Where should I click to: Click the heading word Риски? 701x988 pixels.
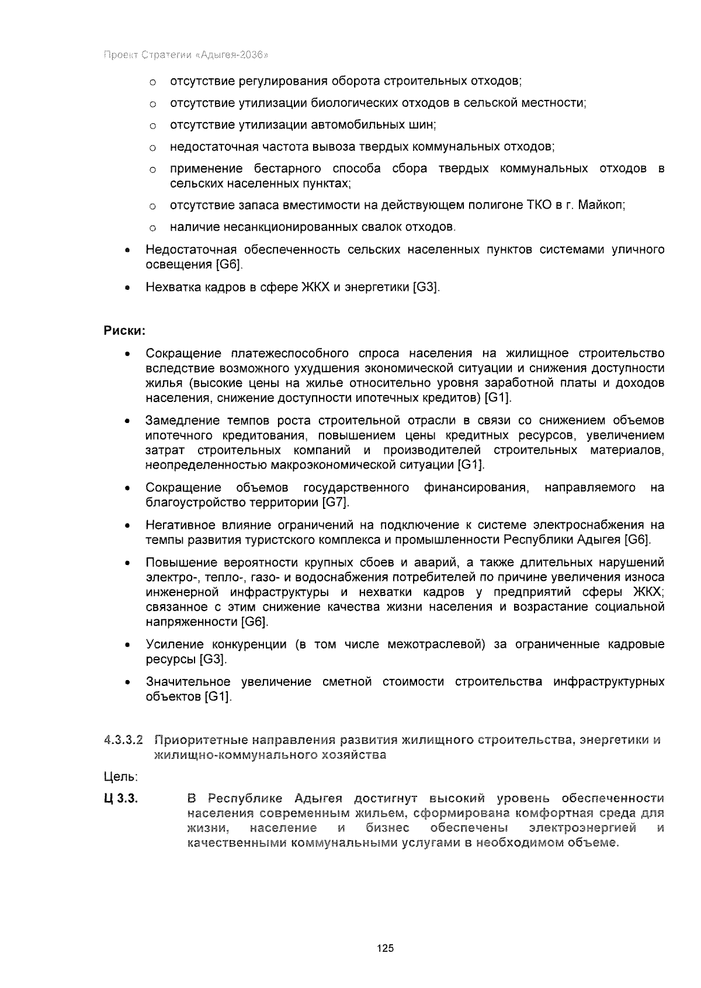(124, 331)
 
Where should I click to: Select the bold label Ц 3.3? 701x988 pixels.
(120, 799)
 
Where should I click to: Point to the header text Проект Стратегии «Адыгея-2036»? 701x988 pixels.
(185, 56)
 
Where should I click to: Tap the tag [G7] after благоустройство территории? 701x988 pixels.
(335, 502)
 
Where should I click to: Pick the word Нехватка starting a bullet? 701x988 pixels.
(169, 287)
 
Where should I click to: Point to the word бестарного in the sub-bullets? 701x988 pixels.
(287, 169)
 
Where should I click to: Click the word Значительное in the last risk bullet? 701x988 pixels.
(182, 682)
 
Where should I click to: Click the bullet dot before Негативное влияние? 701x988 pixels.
(126, 526)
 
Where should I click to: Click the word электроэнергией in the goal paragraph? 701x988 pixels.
(582, 828)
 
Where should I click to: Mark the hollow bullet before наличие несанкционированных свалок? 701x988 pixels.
(151, 227)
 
